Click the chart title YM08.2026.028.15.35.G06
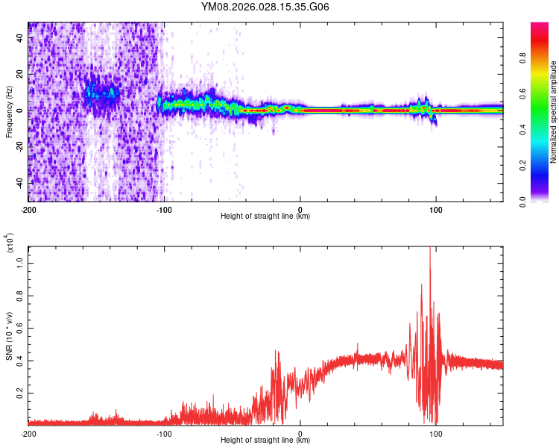click(x=266, y=7)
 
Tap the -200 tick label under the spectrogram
click(x=28, y=209)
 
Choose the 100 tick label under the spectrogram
click(x=436, y=209)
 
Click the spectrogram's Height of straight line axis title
click(x=265, y=217)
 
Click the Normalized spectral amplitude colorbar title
click(x=554, y=112)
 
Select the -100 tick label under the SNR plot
click(x=164, y=433)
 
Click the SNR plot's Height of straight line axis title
click(x=265, y=441)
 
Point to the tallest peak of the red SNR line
click(x=430, y=249)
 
